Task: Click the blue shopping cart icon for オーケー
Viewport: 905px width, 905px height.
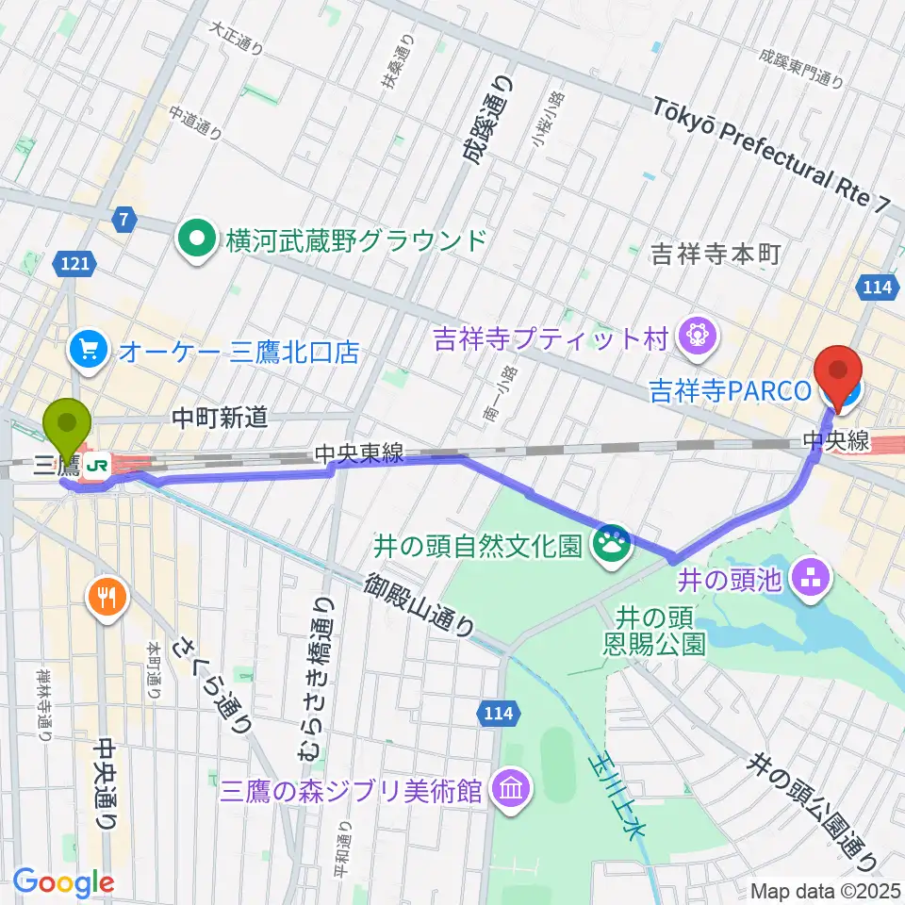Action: [x=90, y=353]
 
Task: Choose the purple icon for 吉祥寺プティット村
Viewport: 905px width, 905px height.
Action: [x=699, y=336]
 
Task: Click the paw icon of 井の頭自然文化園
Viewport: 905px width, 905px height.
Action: [x=610, y=546]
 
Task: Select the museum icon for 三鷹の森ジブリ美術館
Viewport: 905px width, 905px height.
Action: [x=510, y=789]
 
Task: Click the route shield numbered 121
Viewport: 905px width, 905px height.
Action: [x=79, y=267]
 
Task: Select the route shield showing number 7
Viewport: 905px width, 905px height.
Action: [x=123, y=222]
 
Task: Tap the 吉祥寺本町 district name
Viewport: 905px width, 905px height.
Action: [x=716, y=255]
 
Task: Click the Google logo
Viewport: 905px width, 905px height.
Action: [x=64, y=883]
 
